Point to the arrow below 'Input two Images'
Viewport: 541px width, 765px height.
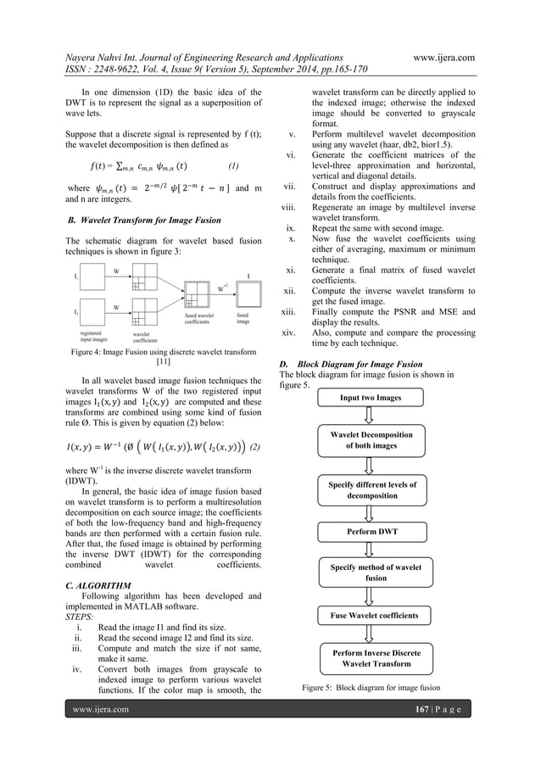tap(371, 415)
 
